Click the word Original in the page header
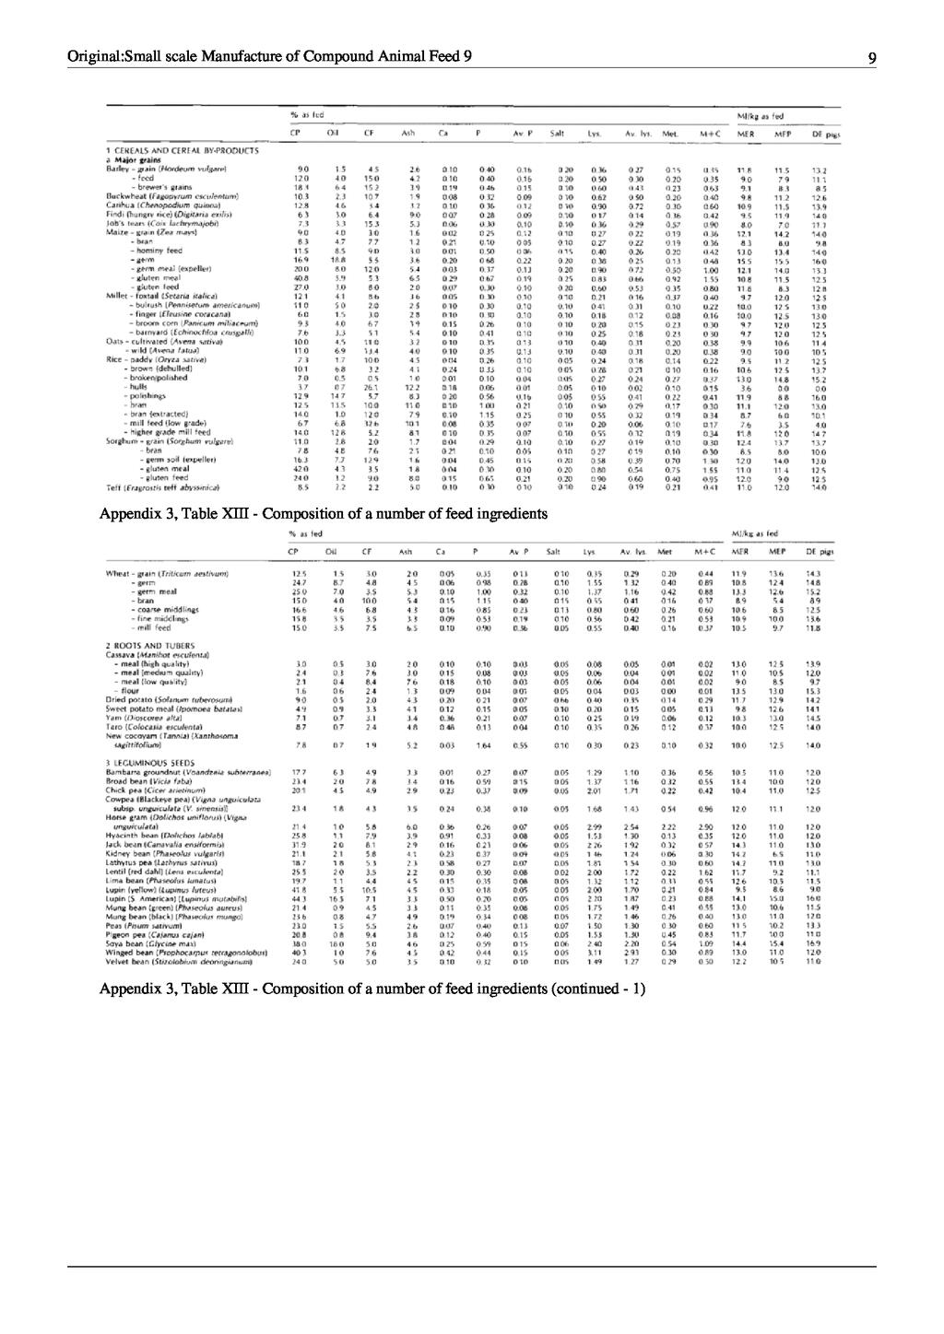point(94,57)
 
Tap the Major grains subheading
point(137,158)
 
